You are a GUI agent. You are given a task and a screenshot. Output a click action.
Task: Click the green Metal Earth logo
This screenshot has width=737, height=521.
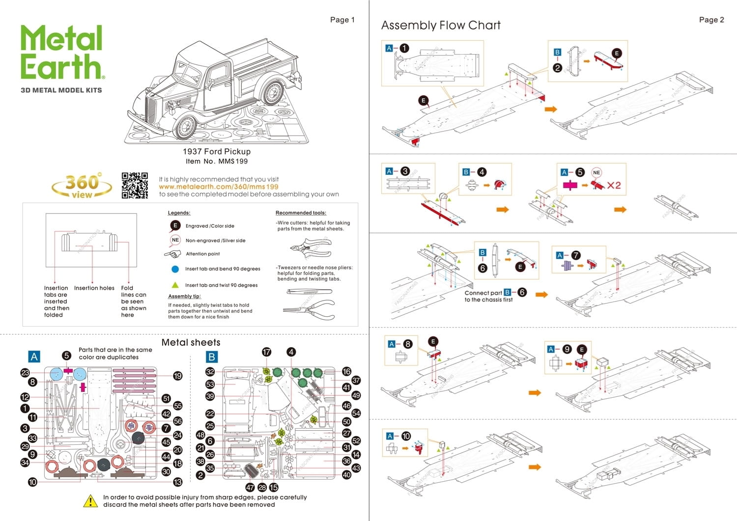61,53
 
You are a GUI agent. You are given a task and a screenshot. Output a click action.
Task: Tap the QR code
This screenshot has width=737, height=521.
135,186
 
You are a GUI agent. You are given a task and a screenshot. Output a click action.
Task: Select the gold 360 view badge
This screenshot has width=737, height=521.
82,186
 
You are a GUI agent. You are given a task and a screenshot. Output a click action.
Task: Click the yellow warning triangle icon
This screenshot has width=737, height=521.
90,501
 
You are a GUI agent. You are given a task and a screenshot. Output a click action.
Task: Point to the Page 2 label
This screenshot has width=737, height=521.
711,20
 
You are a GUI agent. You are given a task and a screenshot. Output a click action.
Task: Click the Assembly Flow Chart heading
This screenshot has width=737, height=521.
441,26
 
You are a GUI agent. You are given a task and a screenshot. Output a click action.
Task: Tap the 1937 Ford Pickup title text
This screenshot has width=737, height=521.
217,152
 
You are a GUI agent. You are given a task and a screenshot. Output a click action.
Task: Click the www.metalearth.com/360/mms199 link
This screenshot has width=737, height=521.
218,187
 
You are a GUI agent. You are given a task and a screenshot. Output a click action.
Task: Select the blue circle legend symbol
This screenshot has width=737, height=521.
175,269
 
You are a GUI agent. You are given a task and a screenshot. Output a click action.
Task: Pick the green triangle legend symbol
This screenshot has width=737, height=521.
175,285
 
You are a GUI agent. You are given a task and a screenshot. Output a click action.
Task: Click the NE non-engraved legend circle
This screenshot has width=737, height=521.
175,240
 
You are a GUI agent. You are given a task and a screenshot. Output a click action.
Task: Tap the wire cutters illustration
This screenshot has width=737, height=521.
311,247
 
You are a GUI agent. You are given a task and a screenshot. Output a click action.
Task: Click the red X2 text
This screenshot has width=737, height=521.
614,186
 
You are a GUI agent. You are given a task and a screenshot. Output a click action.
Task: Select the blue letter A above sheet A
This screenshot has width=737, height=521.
34,357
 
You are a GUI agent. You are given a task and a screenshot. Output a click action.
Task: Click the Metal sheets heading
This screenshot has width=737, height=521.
191,342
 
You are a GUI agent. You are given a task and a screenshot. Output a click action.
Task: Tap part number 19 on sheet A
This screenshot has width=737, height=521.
177,376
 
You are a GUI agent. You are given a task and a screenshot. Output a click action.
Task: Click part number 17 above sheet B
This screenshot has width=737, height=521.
266,352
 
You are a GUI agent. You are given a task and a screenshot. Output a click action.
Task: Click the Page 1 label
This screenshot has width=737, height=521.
342,20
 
